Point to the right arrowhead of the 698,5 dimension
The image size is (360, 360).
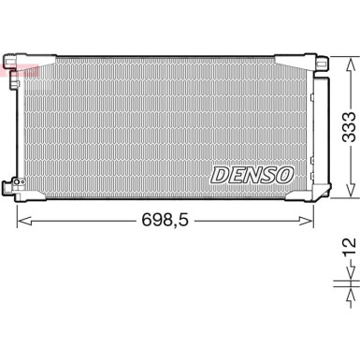coord(310,221)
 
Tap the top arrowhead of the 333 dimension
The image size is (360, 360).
coord(348,61)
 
